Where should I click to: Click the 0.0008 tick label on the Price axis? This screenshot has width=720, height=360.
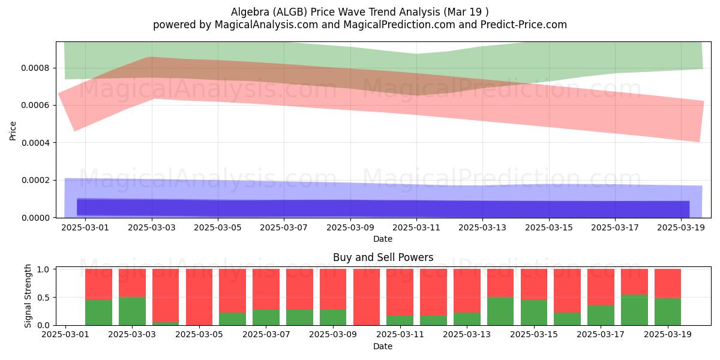pyautogui.click(x=35, y=68)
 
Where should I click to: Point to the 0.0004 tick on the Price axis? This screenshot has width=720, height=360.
pyautogui.click(x=35, y=143)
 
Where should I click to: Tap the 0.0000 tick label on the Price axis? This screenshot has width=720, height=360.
pyautogui.click(x=35, y=218)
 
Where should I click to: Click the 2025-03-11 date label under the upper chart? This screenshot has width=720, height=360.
pyautogui.click(x=416, y=227)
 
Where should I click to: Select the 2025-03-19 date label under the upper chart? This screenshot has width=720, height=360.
pyautogui.click(x=681, y=227)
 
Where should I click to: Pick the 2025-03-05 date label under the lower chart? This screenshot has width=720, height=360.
pyautogui.click(x=199, y=334)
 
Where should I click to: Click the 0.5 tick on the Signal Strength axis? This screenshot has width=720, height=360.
pyautogui.click(x=44, y=298)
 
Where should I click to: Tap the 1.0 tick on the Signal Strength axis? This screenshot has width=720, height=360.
pyautogui.click(x=44, y=269)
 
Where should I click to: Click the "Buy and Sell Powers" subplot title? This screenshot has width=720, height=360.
pyautogui.click(x=383, y=257)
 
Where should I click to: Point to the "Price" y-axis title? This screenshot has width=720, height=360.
pyautogui.click(x=13, y=131)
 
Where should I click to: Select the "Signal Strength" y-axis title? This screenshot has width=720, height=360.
pyautogui.click(x=28, y=296)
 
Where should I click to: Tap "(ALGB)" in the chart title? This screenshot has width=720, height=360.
pyautogui.click(x=290, y=12)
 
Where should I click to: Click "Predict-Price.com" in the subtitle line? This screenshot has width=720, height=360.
pyautogui.click(x=524, y=25)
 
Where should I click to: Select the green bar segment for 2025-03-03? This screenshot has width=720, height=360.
pyautogui.click(x=132, y=311)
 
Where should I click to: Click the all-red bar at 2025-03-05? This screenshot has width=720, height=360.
pyautogui.click(x=199, y=297)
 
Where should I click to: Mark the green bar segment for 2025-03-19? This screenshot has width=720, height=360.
pyautogui.click(x=668, y=312)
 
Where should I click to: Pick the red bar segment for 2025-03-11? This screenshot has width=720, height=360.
pyautogui.click(x=400, y=293)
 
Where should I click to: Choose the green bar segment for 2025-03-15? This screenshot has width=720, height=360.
pyautogui.click(x=534, y=313)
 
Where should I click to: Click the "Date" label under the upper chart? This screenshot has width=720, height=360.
pyautogui.click(x=383, y=239)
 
